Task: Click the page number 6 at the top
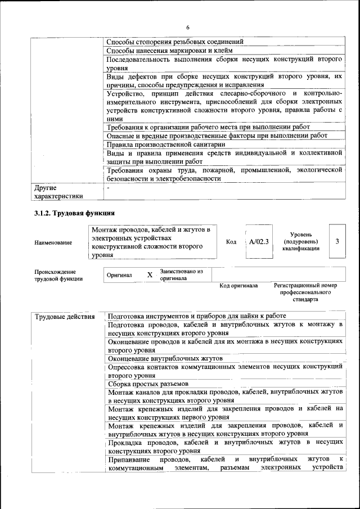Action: (188, 28)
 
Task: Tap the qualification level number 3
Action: (336, 241)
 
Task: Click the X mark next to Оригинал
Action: (150, 275)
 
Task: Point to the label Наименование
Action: (53, 242)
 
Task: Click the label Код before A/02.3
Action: (231, 242)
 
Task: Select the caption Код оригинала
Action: (238, 286)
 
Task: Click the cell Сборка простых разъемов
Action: (145, 384)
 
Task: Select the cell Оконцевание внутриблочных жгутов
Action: (166, 358)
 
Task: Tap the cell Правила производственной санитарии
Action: (166, 144)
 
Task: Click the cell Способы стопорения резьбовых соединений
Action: (175, 42)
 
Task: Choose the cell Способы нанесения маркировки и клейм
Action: (165, 51)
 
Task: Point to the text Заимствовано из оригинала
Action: (181, 275)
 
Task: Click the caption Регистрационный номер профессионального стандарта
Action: (305, 292)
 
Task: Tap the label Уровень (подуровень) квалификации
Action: (301, 241)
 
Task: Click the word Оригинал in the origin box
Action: (119, 276)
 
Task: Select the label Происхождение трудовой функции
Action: (58, 275)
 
